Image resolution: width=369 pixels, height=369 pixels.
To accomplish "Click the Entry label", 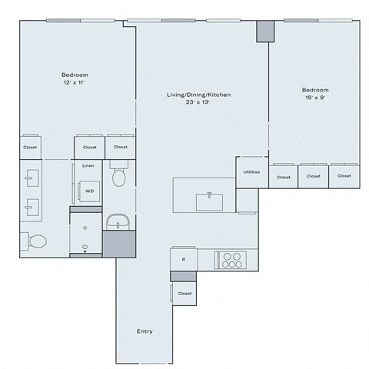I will point(145,331).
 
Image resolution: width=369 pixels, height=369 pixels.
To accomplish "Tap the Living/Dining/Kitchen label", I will point(199,95).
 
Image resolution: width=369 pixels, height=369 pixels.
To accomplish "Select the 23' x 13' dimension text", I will point(199,104).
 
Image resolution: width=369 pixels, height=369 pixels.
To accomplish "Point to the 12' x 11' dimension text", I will point(74,84).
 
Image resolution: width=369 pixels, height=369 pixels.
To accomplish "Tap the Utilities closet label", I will point(251,171).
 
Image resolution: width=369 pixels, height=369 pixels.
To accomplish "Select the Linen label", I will point(88,165).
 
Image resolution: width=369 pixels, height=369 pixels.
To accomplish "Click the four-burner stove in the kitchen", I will point(231,261).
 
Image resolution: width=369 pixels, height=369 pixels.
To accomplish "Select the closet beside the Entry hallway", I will point(184,293).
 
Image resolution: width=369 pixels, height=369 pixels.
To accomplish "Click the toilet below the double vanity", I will point(35,241).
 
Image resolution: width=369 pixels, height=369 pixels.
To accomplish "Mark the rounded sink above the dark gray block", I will point(119,221).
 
